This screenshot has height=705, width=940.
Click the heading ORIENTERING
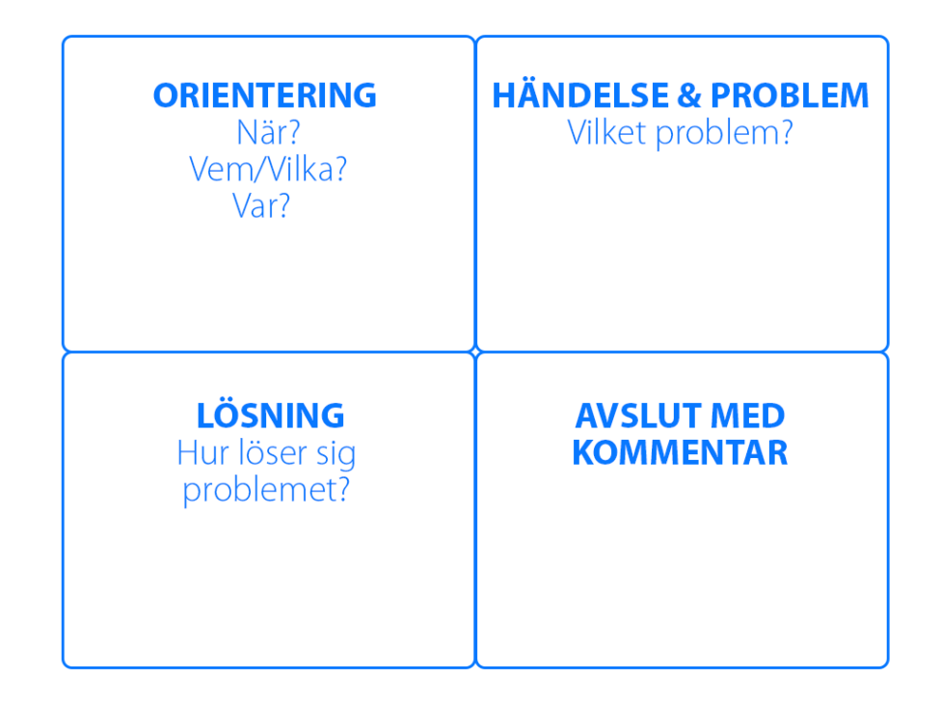pyautogui.click(x=264, y=95)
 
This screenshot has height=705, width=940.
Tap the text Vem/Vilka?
pyautogui.click(x=267, y=169)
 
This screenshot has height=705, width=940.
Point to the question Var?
pyautogui.click(x=261, y=205)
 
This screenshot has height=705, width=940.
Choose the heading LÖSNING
pyautogui.click(x=270, y=416)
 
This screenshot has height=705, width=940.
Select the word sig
pyautogui.click(x=336, y=454)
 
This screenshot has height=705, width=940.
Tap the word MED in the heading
pyautogui.click(x=747, y=416)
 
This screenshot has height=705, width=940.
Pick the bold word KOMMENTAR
pyautogui.click(x=680, y=452)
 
